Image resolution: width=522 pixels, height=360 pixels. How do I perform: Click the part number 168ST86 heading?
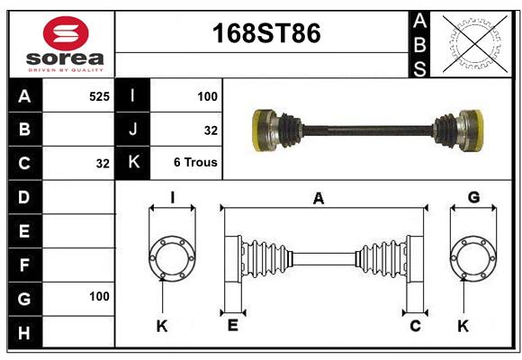point(265,34)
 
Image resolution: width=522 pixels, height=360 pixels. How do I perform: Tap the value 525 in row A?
point(99,95)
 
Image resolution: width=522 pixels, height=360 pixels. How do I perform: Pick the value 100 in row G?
point(99,297)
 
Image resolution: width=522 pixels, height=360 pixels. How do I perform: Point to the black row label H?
point(24,334)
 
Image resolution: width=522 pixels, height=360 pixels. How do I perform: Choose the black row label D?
point(24,197)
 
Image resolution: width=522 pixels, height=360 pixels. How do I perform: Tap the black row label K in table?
point(133,163)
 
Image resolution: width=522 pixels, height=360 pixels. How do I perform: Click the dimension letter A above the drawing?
point(318,198)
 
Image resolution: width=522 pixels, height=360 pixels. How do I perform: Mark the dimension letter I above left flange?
point(171,198)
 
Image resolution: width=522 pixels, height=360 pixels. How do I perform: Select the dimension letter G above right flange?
point(473,198)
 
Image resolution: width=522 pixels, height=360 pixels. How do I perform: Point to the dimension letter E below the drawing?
point(232,326)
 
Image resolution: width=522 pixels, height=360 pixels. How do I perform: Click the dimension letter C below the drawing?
point(415,326)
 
